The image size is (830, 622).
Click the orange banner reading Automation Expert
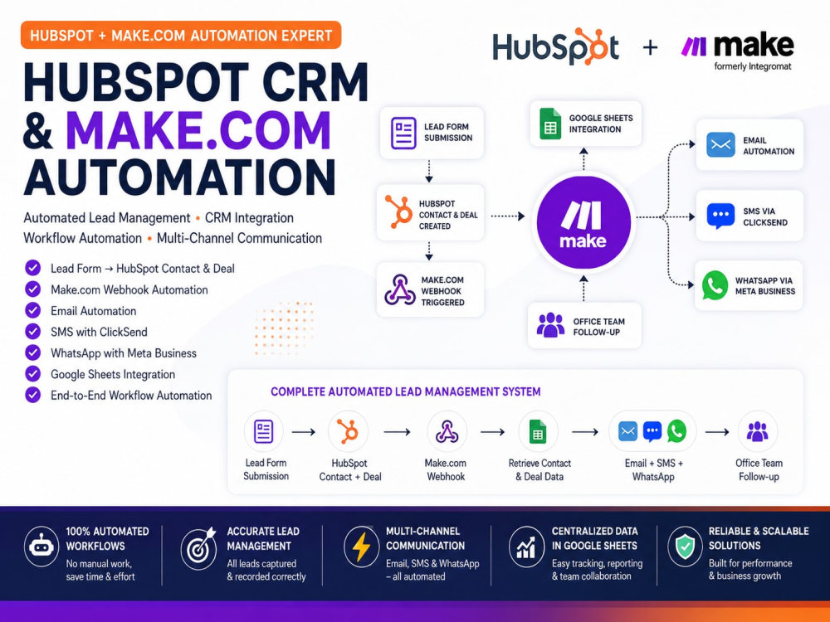(181, 36)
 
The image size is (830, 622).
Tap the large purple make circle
(583, 222)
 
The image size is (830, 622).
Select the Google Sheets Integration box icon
(550, 124)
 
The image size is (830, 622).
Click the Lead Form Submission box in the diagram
(432, 132)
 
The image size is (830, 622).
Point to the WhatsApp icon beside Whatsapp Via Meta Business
(715, 285)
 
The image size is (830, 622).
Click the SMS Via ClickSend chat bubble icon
(720, 216)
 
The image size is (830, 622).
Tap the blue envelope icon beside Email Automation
(720, 145)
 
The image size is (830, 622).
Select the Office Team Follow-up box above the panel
(584, 326)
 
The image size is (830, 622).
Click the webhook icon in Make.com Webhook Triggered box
(400, 289)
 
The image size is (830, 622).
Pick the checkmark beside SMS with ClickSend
(33, 332)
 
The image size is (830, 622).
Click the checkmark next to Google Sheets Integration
(33, 374)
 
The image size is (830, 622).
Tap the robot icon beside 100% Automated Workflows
(41, 547)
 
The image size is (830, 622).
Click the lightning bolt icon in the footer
(362, 547)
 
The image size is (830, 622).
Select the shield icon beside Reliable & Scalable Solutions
(685, 547)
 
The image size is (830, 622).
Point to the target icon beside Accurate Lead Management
(198, 547)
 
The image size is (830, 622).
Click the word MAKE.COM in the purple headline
(198, 129)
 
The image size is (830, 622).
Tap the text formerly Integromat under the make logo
(753, 66)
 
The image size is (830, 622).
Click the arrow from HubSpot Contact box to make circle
(508, 216)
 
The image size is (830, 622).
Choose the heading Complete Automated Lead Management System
(406, 392)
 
